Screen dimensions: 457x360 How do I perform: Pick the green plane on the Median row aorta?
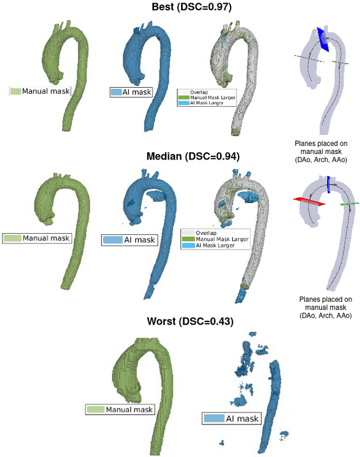click(x=350, y=202)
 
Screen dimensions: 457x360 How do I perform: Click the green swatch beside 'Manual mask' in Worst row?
click(x=95, y=409)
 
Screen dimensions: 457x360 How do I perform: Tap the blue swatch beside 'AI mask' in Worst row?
click(x=213, y=419)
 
